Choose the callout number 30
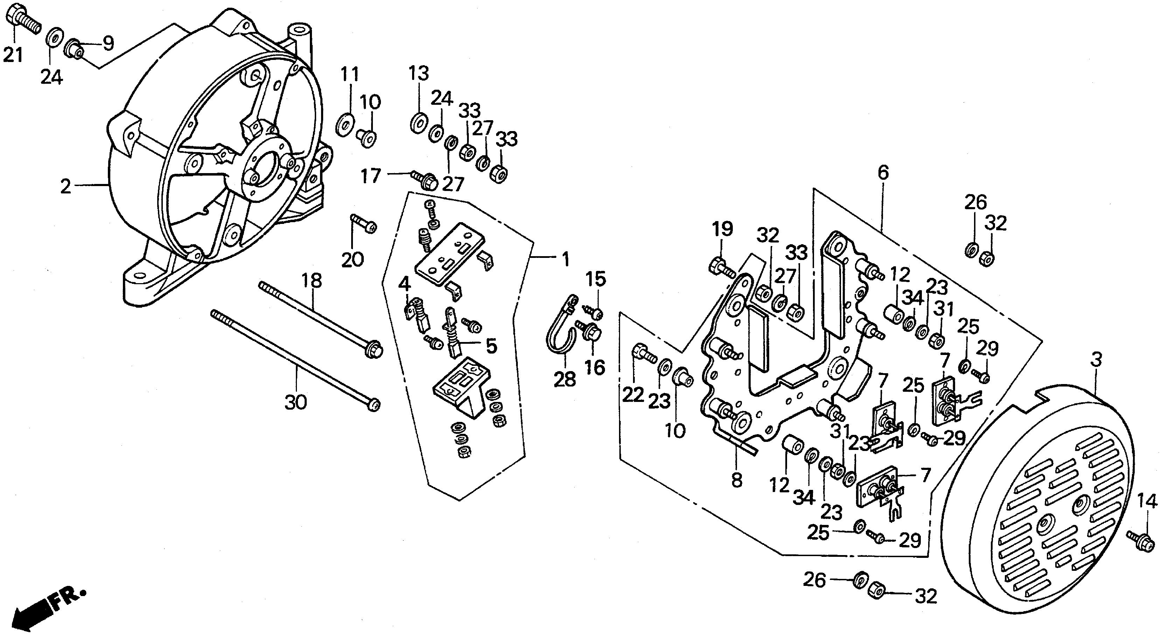coord(296,402)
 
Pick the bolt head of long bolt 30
coord(374,405)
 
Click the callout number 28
coord(565,379)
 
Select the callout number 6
coord(883,172)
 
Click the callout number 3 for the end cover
coord(1096,360)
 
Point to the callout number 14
coord(1147,501)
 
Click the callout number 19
coord(722,229)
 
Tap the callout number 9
coord(108,43)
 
